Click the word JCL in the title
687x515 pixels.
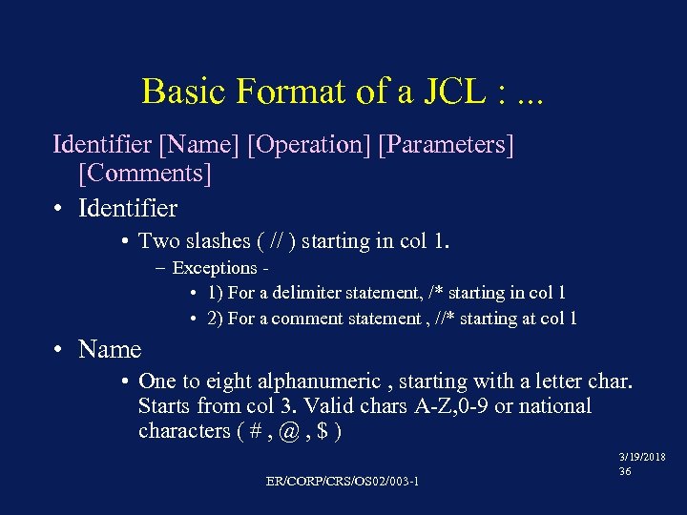pyautogui.click(x=442, y=92)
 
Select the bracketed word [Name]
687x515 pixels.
pyautogui.click(x=199, y=145)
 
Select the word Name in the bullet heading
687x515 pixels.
pyautogui.click(x=110, y=350)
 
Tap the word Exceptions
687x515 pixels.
pyautogui.click(x=215, y=268)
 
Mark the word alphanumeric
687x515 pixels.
pyautogui.click(x=317, y=381)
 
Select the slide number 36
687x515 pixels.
pyautogui.click(x=626, y=471)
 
